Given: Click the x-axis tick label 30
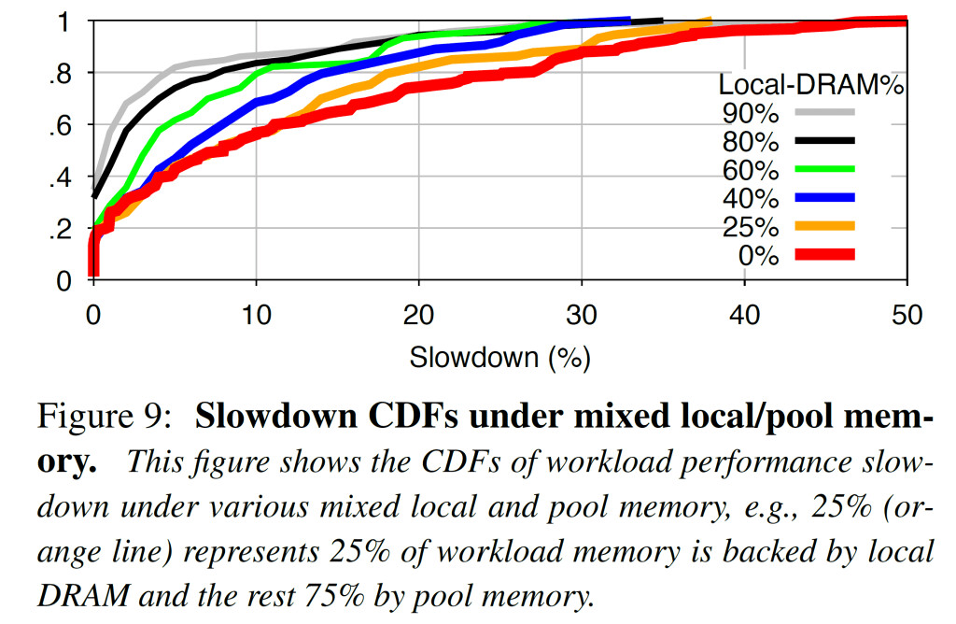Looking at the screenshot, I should (581, 315).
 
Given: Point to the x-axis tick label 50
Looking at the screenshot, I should (906, 315).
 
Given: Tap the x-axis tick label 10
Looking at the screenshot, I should (255, 315).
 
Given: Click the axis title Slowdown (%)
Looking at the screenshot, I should (499, 356).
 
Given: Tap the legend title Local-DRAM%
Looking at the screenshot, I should (812, 84).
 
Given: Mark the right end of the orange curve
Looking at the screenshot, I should (710, 20).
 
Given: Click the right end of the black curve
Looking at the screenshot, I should (660, 20).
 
